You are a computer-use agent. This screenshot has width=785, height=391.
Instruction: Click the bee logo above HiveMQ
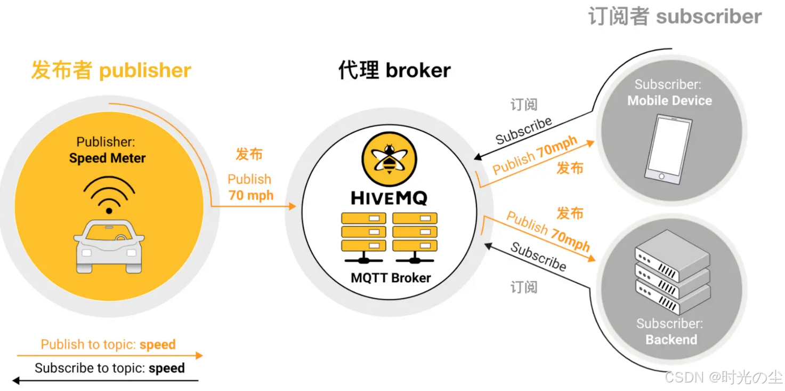tap(389, 158)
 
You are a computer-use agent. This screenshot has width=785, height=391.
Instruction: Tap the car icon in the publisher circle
tap(109, 246)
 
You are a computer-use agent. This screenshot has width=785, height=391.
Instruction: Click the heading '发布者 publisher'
tap(111, 70)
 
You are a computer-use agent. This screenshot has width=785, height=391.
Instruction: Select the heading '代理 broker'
tap(394, 70)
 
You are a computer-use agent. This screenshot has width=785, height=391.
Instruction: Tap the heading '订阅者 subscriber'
tap(675, 16)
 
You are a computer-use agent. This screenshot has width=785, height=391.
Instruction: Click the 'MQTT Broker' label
tap(391, 277)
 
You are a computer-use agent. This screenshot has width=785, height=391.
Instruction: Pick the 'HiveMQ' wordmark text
tap(389, 198)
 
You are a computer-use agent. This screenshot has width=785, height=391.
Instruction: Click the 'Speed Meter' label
tap(107, 158)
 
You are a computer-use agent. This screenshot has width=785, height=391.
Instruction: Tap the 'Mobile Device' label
tap(669, 100)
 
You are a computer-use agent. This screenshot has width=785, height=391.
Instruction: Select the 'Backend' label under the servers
tap(671, 339)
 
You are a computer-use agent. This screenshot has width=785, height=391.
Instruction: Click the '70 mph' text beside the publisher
tap(251, 195)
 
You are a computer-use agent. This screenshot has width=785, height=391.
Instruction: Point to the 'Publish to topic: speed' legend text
tap(108, 345)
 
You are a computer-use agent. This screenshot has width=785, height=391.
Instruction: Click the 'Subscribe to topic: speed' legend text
tap(110, 368)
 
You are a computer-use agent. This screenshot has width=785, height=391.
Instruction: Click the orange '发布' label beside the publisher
tap(249, 154)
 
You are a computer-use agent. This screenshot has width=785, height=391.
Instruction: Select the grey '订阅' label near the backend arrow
tap(524, 287)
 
